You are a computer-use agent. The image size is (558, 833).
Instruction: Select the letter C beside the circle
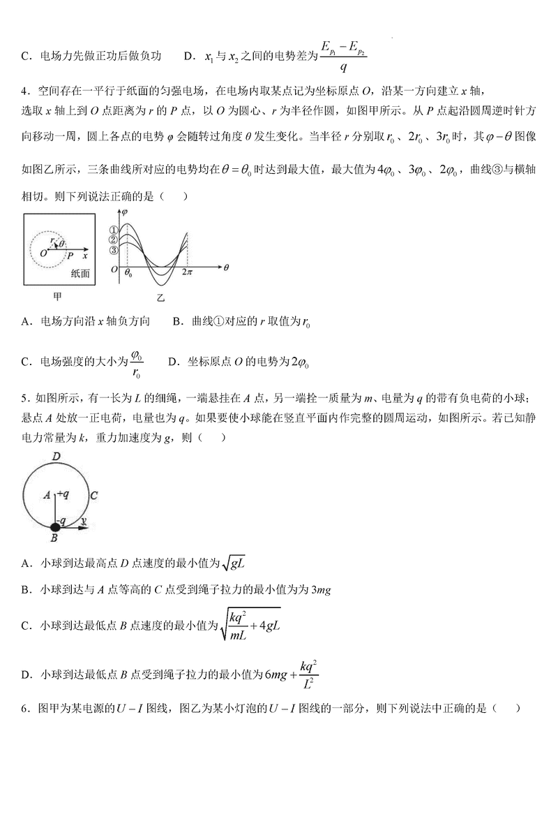93,494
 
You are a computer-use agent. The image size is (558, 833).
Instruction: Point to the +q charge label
62,494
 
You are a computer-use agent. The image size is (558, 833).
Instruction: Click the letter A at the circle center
47,494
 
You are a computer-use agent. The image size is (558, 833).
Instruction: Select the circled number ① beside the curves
114,230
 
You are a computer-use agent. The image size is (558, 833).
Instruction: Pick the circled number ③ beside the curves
114,251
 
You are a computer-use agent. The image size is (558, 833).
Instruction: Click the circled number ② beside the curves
114,240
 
